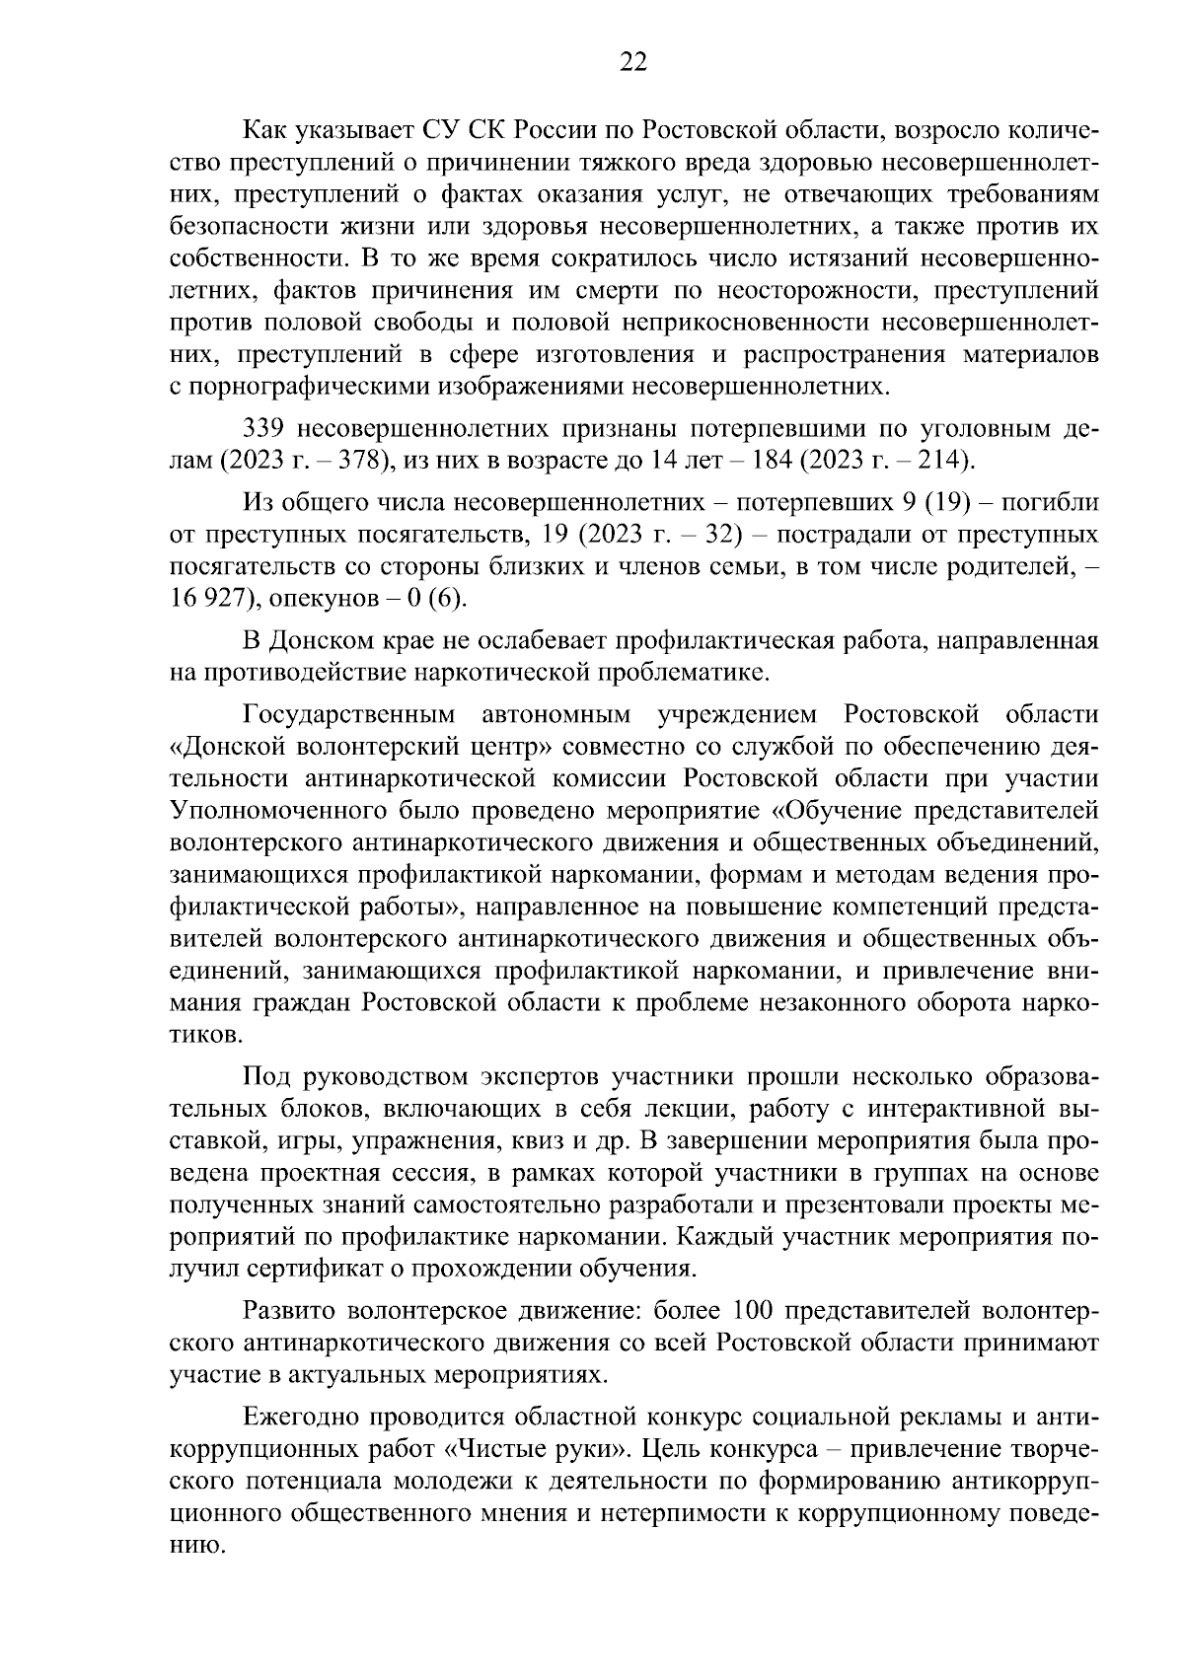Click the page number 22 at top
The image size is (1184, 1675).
click(x=632, y=62)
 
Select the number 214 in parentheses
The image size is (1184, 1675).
click(x=942, y=461)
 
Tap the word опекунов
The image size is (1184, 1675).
click(x=325, y=598)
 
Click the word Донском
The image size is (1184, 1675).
click(x=317, y=641)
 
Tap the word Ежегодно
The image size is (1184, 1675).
click(x=299, y=1418)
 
